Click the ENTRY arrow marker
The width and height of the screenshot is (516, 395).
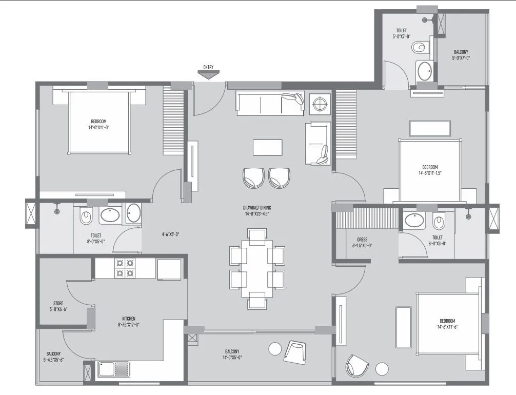(x=208, y=75)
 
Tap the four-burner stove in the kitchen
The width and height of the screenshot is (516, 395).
(x=125, y=268)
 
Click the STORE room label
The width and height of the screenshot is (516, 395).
(x=58, y=306)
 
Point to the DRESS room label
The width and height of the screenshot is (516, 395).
(x=362, y=242)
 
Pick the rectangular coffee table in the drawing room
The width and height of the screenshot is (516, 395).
(x=267, y=148)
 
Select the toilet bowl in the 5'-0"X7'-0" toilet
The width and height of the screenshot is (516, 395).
(x=419, y=47)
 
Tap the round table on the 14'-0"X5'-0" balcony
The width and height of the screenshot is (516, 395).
(x=275, y=349)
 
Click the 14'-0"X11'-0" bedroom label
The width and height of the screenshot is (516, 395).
(x=97, y=124)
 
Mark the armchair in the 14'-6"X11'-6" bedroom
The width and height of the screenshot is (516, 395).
(x=357, y=365)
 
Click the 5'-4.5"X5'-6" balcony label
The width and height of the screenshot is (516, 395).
(x=53, y=357)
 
